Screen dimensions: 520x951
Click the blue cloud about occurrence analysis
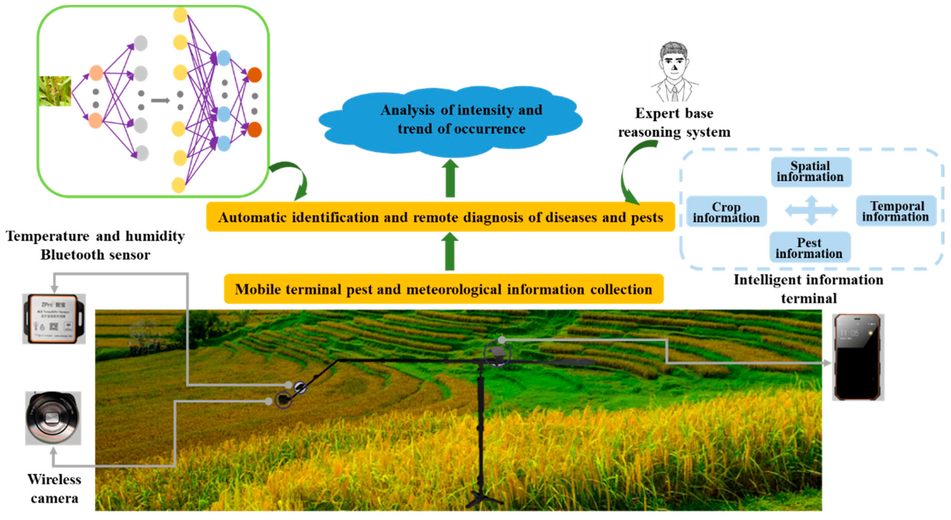coord(450,120)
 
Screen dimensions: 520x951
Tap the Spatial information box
coord(811,172)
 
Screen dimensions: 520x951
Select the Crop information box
coord(726,212)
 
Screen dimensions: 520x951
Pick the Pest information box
coord(809,248)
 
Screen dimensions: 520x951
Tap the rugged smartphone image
coord(858,357)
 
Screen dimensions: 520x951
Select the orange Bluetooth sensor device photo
coord(54,319)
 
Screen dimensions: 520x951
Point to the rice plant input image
coord(55,91)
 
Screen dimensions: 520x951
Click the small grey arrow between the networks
coord(160,100)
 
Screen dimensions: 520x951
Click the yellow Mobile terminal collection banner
coord(443,289)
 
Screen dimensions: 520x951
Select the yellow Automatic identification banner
coord(440,217)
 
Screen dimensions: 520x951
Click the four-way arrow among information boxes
coord(811,211)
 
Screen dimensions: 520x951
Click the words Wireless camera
coord(54,489)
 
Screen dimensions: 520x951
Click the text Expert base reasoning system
coord(674,123)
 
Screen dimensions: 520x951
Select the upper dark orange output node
coord(254,75)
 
